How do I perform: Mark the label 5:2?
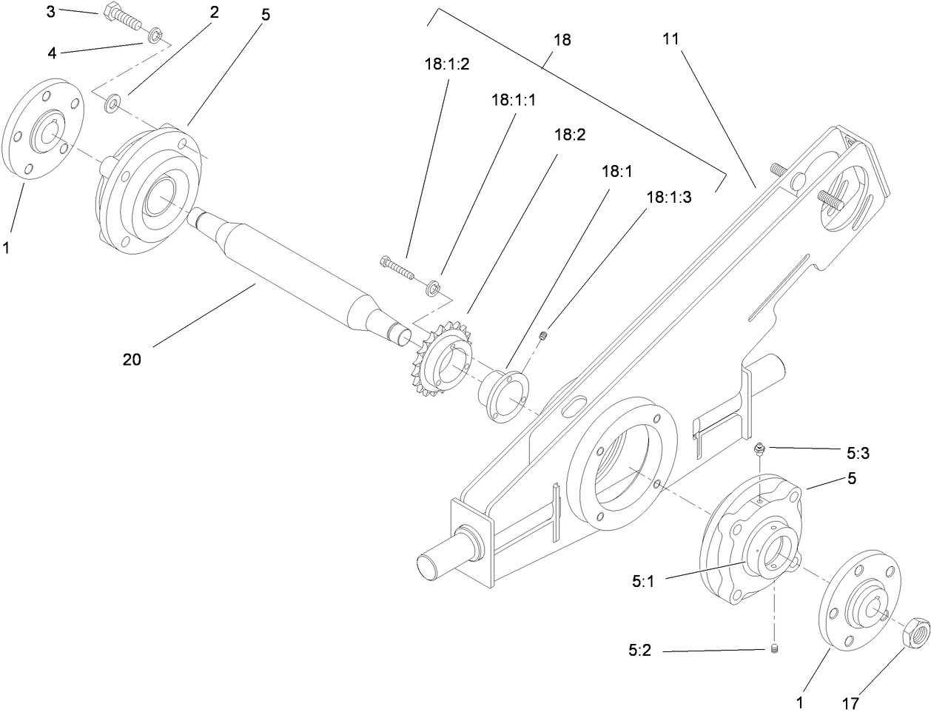click(639, 652)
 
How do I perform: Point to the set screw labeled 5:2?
click(774, 650)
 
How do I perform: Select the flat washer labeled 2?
click(112, 103)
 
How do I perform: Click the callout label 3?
click(71, 11)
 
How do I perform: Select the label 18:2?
click(569, 135)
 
